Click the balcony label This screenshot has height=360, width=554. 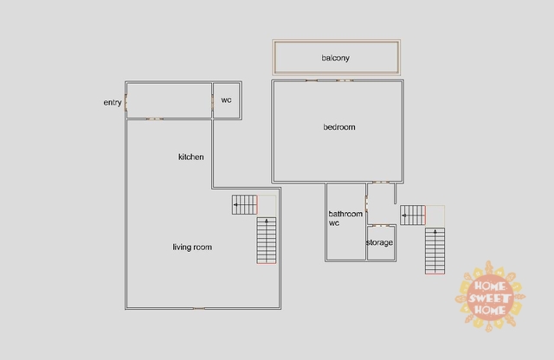[335, 58]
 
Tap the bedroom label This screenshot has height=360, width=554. [339, 127]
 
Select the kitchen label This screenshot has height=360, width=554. [190, 157]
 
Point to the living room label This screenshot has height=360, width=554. [192, 247]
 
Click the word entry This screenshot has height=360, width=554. [113, 102]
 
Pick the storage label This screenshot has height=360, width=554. [379, 242]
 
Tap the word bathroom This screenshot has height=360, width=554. [345, 214]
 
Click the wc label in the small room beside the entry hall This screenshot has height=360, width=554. [226, 100]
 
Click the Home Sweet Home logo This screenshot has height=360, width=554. [490, 297]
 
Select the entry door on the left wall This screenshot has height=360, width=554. [126, 102]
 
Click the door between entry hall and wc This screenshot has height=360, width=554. [212, 101]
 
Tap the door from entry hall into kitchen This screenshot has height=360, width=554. [155, 119]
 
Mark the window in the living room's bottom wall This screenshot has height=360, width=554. [199, 308]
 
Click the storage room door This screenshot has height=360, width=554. [381, 225]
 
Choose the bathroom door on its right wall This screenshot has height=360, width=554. [366, 204]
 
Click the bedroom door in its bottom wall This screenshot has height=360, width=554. [381, 183]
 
